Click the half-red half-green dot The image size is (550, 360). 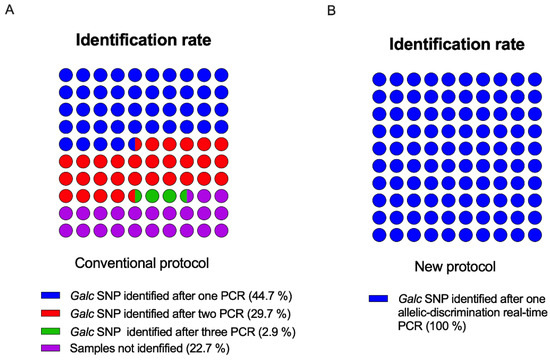pos(135,196)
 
